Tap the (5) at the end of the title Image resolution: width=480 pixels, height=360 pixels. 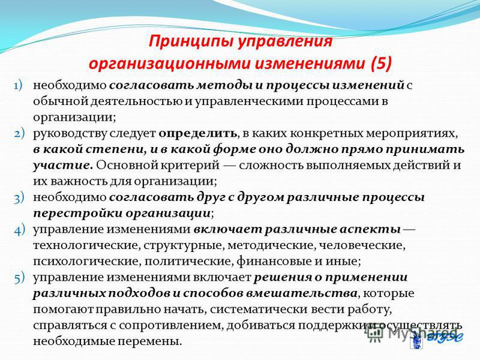pyautogui.click(x=380, y=64)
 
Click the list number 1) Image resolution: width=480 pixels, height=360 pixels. pyautogui.click(x=18, y=85)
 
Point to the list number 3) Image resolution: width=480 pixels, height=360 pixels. pyautogui.click(x=19, y=198)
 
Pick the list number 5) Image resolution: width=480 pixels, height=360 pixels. pyautogui.click(x=19, y=278)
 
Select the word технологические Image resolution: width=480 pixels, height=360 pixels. pyautogui.click(x=86, y=245)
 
